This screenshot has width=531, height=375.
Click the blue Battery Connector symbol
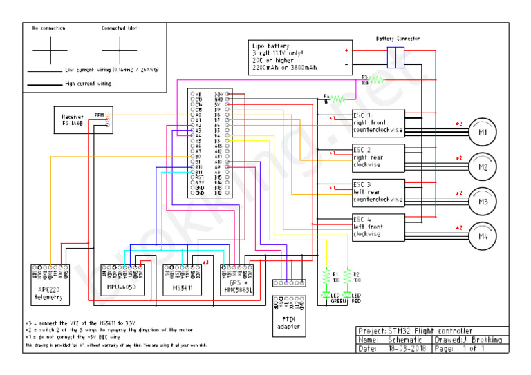tap(395, 57)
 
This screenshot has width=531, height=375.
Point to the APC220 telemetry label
tap(49, 294)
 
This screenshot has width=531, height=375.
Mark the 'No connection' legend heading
tap(48, 28)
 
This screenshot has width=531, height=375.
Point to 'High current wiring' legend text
tap(88, 84)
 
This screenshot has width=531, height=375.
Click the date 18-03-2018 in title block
tap(407, 349)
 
